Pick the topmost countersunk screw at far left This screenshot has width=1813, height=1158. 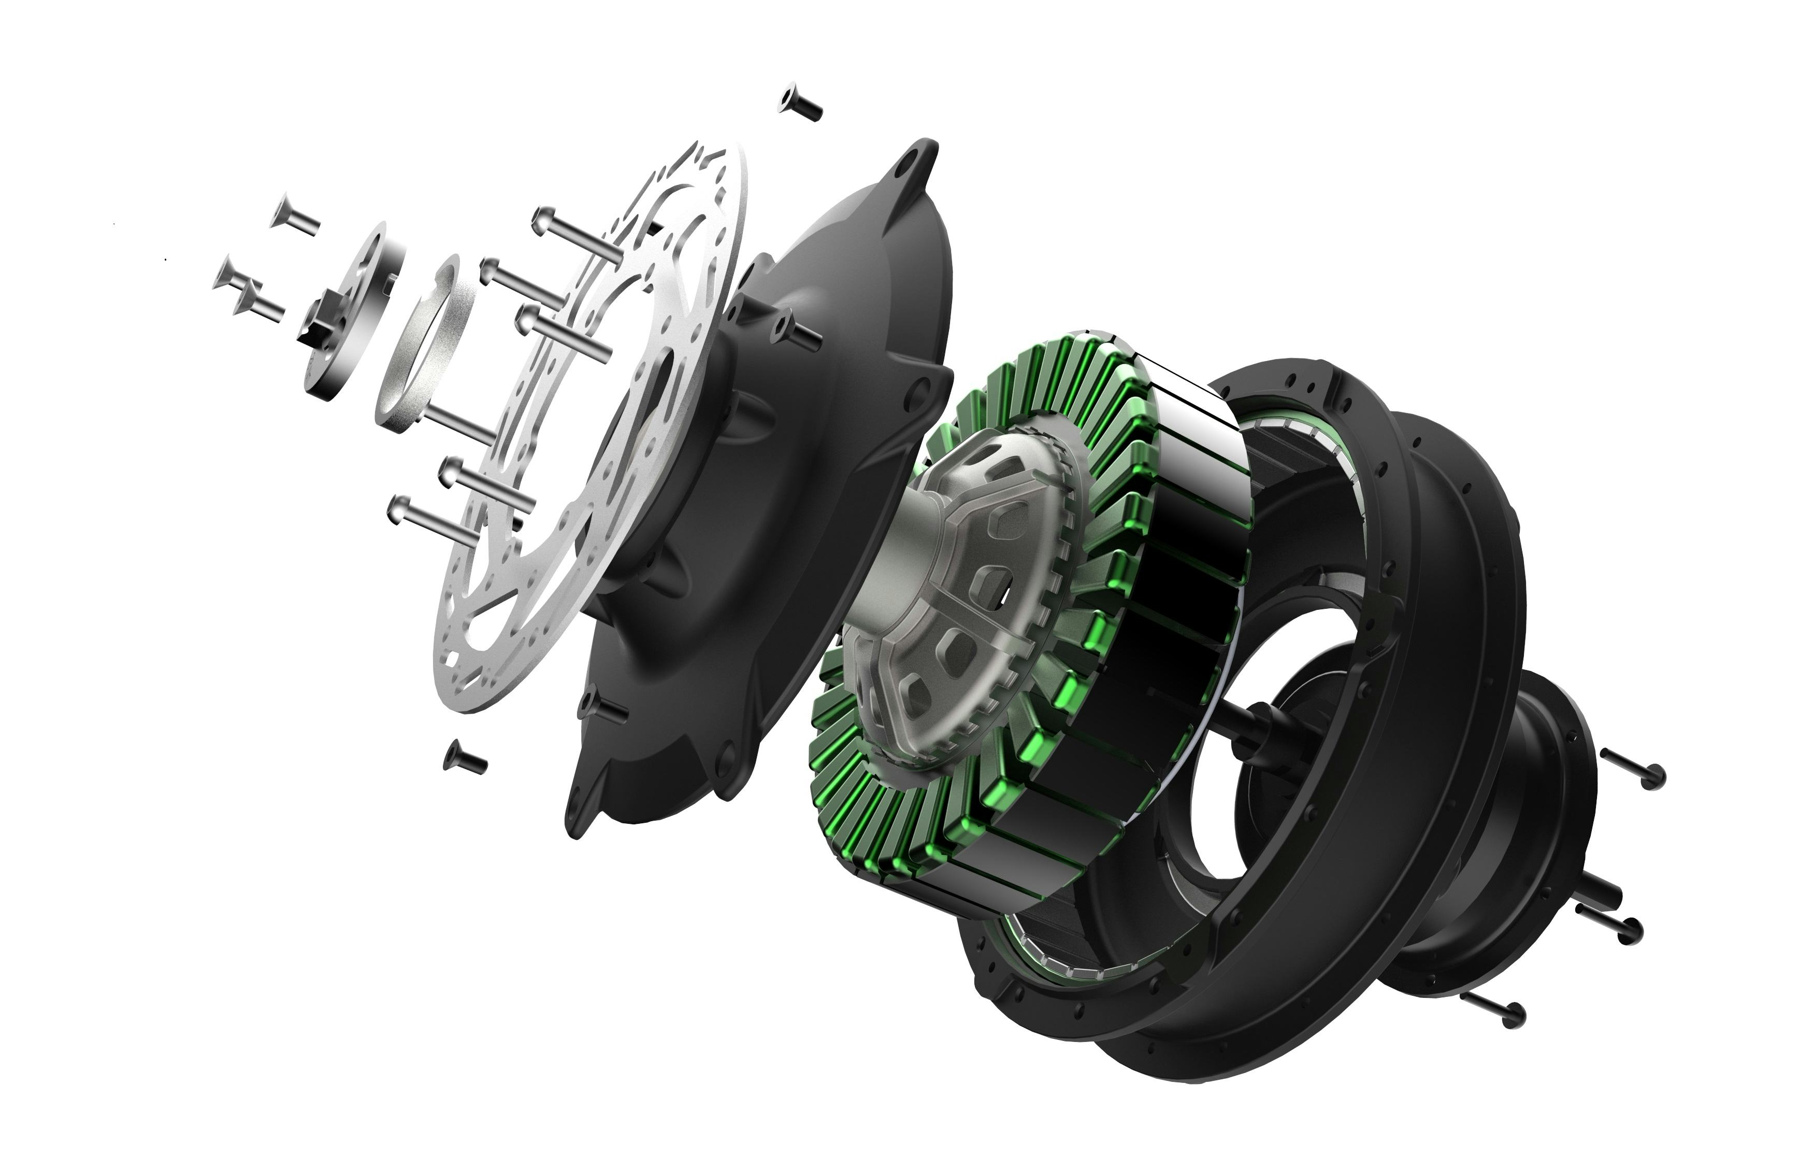(294, 220)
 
